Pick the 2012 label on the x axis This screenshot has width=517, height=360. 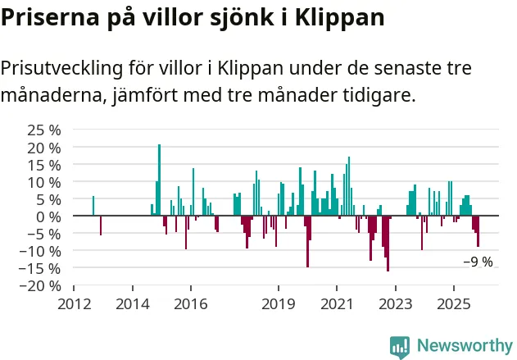click(74, 303)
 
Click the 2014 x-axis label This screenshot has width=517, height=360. click(133, 303)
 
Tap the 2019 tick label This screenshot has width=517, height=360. click(279, 303)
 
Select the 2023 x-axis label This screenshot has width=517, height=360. click(396, 303)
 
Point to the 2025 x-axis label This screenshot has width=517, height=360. click(454, 303)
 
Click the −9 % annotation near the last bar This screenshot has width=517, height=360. click(478, 262)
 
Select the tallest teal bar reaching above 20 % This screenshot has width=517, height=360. click(159, 180)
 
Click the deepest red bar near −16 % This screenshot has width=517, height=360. click(388, 244)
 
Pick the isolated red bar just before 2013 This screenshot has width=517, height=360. click(101, 226)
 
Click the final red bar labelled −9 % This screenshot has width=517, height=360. click(478, 231)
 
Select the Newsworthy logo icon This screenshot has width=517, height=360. click(400, 345)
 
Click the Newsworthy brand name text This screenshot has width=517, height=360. click(465, 345)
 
